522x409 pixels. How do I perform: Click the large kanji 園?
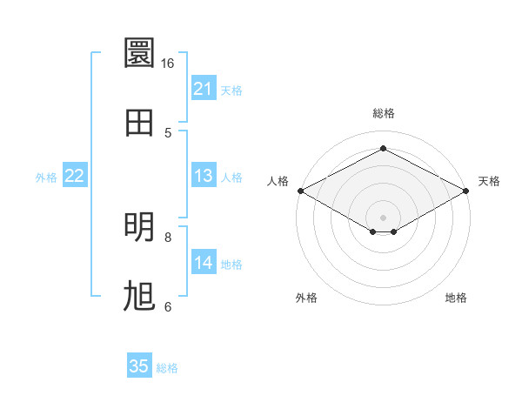tap(139, 52)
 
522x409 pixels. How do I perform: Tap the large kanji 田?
tap(139, 123)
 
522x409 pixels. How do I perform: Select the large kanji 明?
tap(139, 227)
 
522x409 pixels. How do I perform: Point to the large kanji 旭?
tap(139, 296)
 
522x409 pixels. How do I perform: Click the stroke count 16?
tap(167, 64)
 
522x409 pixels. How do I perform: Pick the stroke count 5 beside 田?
tap(168, 133)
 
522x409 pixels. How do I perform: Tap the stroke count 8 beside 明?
tap(168, 238)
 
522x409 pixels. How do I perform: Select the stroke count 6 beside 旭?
tap(168, 306)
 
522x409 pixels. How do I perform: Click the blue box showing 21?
tap(204, 88)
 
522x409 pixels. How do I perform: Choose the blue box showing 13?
tap(204, 175)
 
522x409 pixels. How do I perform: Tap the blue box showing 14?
tap(204, 261)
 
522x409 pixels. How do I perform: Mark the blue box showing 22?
tap(75, 175)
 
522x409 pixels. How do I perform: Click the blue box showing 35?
tap(139, 365)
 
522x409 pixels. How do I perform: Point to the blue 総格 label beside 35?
tap(167, 368)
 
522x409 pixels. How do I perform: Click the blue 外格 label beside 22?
tap(46, 178)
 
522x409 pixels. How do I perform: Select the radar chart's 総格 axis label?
tap(384, 113)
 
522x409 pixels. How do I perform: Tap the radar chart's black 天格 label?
tap(489, 181)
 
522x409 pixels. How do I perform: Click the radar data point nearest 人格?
tap(301, 191)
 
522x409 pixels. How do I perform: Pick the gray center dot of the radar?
tap(383, 218)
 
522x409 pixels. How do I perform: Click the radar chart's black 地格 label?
tap(456, 298)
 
